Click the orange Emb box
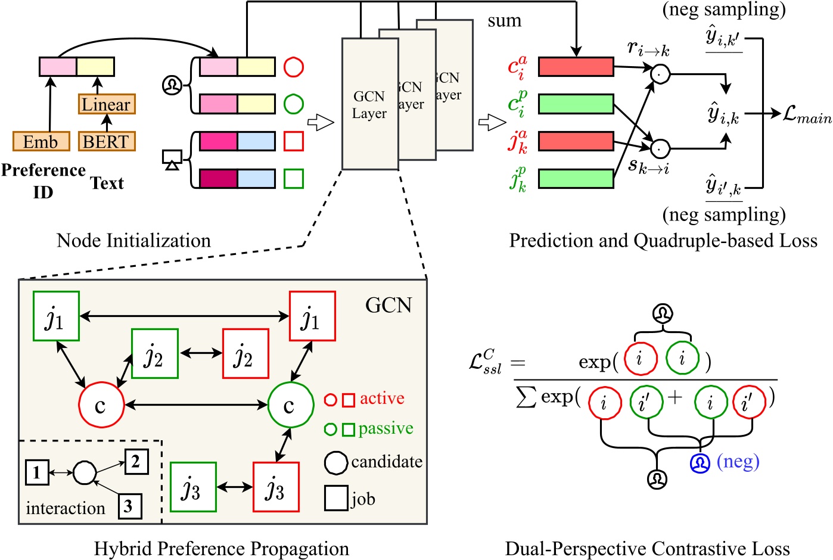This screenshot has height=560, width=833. [x=41, y=142]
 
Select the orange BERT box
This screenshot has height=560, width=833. [x=106, y=142]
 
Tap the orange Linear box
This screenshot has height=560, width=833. [x=107, y=104]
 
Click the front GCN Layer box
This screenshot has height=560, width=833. [x=369, y=104]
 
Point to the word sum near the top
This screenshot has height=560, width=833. [x=504, y=21]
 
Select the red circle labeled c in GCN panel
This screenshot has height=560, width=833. [x=101, y=405]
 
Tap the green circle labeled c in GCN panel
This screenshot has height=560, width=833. [x=290, y=405]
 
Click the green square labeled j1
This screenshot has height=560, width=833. [x=56, y=316]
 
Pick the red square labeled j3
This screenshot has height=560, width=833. [x=276, y=487]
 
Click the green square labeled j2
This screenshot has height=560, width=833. [x=154, y=353]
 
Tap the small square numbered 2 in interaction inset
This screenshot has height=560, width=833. [x=136, y=461]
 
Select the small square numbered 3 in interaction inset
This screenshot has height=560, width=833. [x=129, y=506]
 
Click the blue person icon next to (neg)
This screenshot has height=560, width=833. [x=700, y=463]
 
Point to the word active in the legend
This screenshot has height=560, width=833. [x=382, y=399]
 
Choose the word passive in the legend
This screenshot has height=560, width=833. [x=386, y=429]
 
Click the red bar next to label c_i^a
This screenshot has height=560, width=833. [x=576, y=67]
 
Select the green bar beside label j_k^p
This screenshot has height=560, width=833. [x=576, y=179]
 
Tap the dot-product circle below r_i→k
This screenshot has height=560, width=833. [x=660, y=74]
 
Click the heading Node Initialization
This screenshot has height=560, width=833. [x=133, y=241]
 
